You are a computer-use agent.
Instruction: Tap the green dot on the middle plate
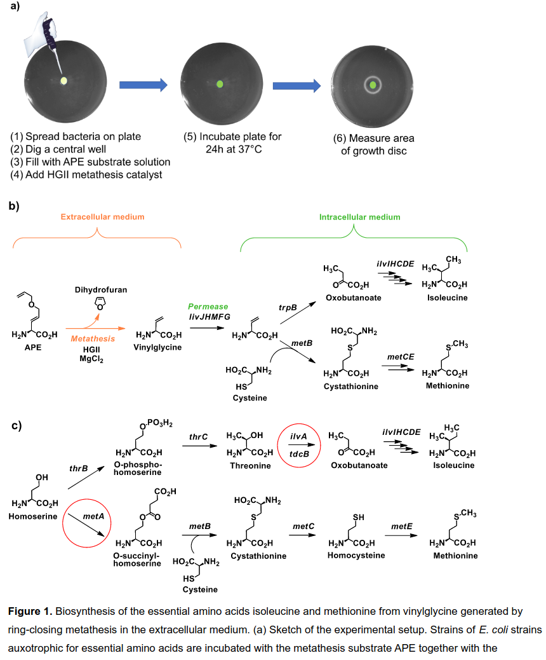pyautogui.click(x=220, y=84)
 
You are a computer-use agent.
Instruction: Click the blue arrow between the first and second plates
pyautogui.click(x=143, y=85)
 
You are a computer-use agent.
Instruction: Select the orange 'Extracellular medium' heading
pyautogui.click(x=103, y=217)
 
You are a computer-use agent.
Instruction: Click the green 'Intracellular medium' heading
pyautogui.click(x=360, y=217)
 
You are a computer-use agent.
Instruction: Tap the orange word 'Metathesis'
pyautogui.click(x=93, y=339)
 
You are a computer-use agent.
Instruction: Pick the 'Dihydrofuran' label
pyautogui.click(x=101, y=290)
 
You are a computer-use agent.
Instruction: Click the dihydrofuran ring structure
pyautogui.click(x=100, y=303)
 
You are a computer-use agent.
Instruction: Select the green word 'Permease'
pyautogui.click(x=208, y=307)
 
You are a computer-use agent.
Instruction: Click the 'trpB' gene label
pyautogui.click(x=288, y=308)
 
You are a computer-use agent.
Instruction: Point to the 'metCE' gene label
pyautogui.click(x=401, y=357)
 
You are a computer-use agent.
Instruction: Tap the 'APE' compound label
pyautogui.click(x=33, y=348)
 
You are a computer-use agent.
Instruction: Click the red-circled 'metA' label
pyautogui.click(x=93, y=516)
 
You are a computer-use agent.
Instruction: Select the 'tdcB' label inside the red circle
pyautogui.click(x=299, y=455)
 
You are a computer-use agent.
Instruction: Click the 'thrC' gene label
pyautogui.click(x=198, y=437)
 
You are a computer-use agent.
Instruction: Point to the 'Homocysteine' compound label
pyautogui.click(x=356, y=556)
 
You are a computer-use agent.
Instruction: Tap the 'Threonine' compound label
pyautogui.click(x=250, y=466)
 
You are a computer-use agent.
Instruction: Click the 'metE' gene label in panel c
pyautogui.click(x=402, y=526)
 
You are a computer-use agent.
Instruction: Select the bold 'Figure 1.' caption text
pyautogui.click(x=30, y=612)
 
